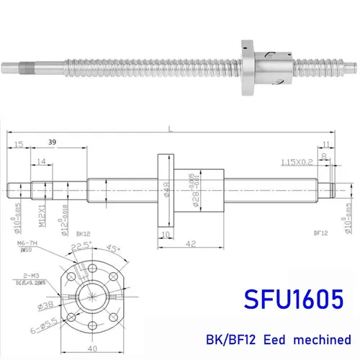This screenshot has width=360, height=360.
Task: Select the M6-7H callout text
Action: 26,243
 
